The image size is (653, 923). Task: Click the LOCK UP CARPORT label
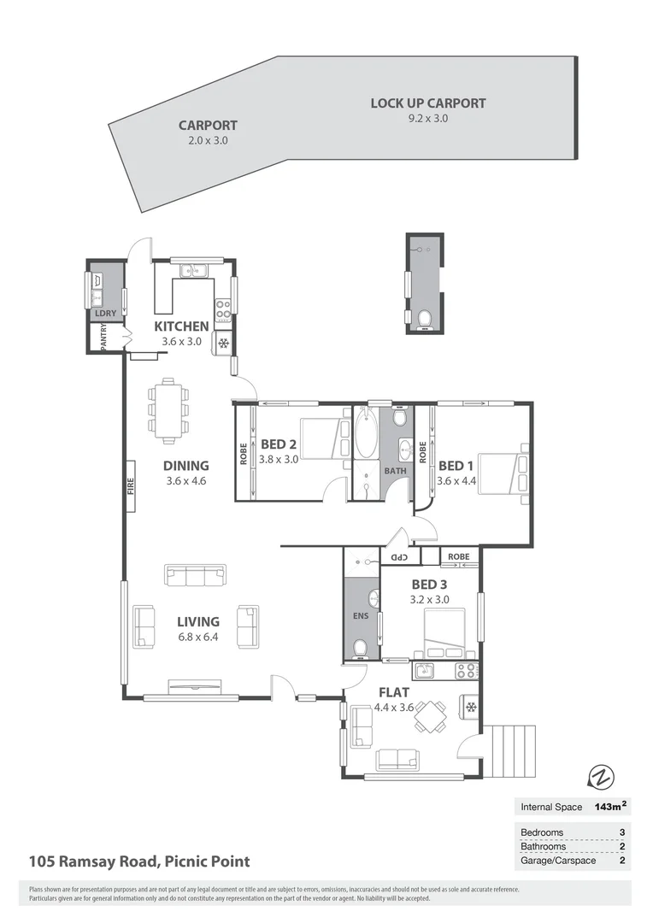(427, 103)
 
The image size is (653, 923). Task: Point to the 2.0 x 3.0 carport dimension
(208, 140)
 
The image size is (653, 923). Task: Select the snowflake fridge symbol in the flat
(471, 707)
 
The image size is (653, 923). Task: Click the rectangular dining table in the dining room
(168, 410)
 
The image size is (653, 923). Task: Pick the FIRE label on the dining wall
(131, 485)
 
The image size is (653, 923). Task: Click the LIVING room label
(197, 621)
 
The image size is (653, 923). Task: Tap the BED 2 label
(279, 444)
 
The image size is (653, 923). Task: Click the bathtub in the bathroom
(367, 432)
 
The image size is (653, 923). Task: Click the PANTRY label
(104, 338)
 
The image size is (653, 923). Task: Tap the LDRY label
(105, 314)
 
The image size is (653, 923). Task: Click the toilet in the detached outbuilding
(425, 319)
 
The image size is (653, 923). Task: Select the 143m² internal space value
(610, 806)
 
